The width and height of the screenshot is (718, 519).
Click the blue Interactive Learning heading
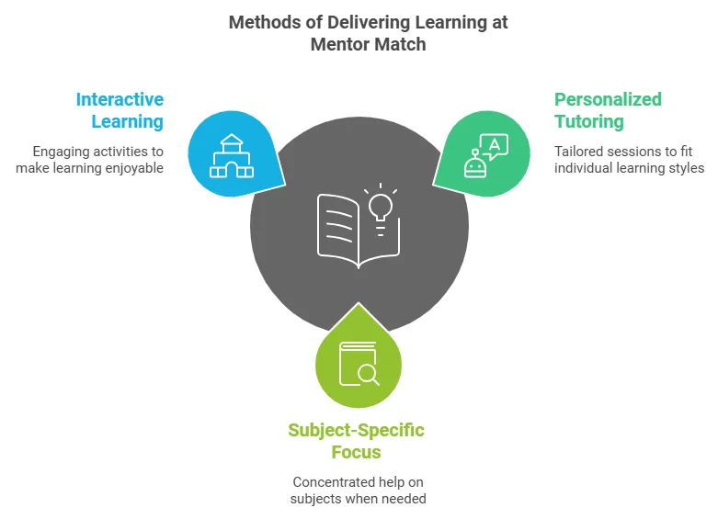[120, 110]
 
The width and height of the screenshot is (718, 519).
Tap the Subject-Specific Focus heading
[357, 441]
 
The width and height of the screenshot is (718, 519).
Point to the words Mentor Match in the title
[368, 43]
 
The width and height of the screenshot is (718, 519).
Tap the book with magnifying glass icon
[359, 363]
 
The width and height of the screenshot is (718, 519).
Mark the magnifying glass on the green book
[368, 373]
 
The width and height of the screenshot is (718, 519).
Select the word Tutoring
[588, 121]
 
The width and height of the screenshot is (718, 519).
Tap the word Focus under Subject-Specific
[357, 452]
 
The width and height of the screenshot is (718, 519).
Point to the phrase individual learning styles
[629, 168]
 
